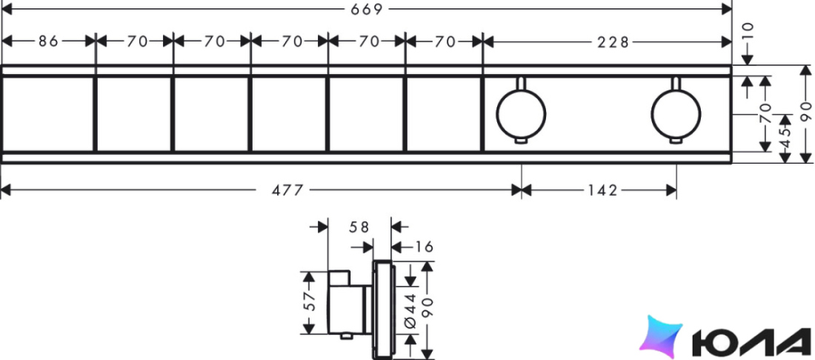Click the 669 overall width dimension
coord(367,9)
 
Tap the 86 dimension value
coord(48,41)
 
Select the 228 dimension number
coord(613,41)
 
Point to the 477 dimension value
coord(287,190)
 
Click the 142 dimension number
coord(602,190)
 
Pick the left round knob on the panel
coord(521,115)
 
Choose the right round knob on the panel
coord(676,115)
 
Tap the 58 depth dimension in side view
coord(359,227)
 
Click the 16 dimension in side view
coord(424,247)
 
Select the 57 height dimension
coord(310,301)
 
